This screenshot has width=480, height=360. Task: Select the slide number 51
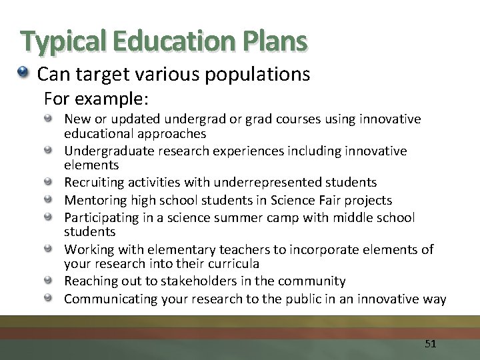(x=430, y=344)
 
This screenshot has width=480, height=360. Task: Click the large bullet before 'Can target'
(x=25, y=73)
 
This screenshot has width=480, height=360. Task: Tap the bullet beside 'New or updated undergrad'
(x=50, y=119)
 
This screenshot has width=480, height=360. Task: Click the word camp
(x=293, y=217)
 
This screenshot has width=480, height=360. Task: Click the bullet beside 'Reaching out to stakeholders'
(x=50, y=281)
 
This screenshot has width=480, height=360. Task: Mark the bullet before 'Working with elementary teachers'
(x=50, y=249)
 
